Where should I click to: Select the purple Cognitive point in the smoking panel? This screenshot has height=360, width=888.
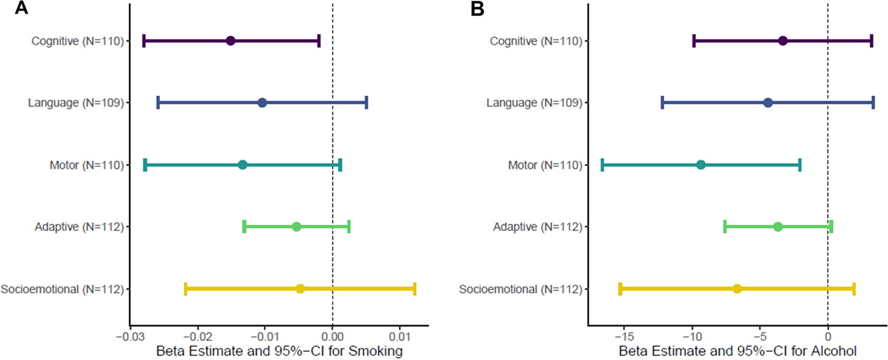point(230,41)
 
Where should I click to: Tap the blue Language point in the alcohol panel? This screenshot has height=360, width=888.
point(768,103)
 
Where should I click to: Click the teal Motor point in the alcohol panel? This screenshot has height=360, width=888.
point(701,165)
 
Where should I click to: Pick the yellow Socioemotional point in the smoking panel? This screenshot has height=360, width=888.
point(300,289)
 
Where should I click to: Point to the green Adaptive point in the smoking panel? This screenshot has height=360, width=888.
point(297,227)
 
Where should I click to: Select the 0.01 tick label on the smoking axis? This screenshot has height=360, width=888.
point(400,337)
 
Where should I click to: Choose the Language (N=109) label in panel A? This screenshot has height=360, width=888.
point(75,103)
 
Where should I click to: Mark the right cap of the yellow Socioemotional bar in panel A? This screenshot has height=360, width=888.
point(415,289)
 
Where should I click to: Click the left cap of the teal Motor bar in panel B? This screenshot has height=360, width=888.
point(602,165)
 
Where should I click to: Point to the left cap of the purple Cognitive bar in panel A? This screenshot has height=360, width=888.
point(144,41)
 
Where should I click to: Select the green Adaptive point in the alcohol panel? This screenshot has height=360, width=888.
point(778,227)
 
